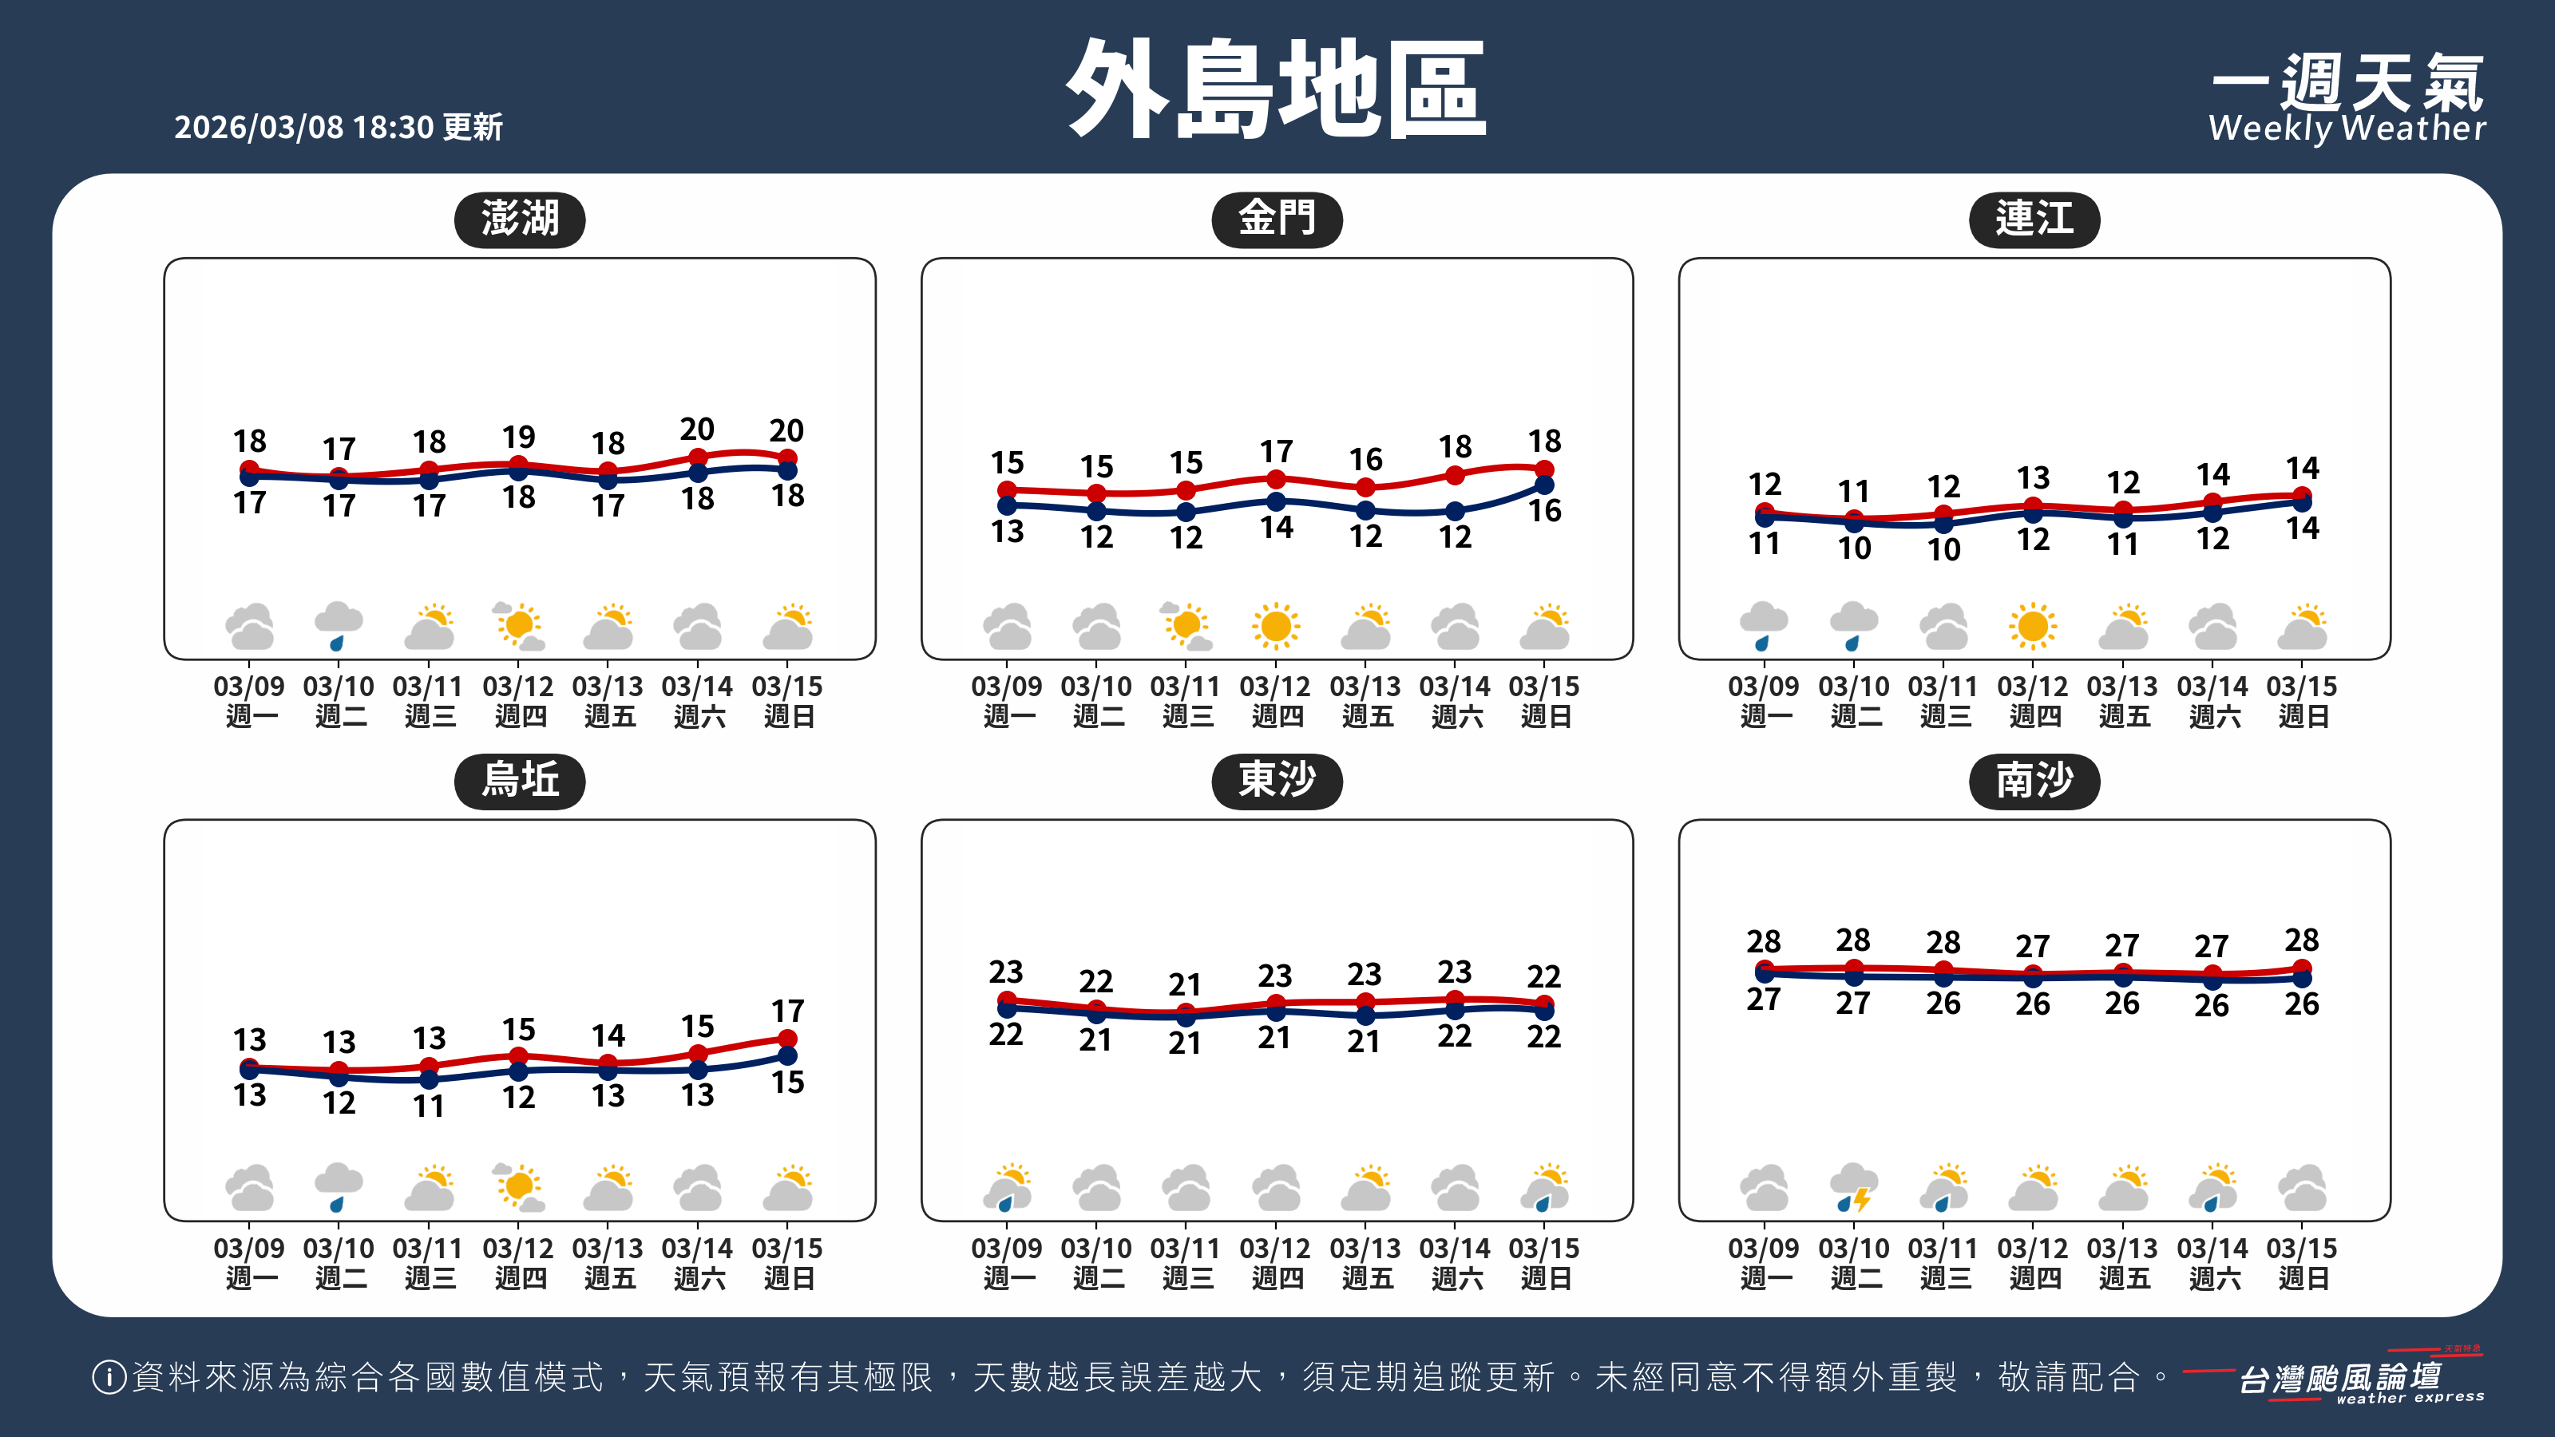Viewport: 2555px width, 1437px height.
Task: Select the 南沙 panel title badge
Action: [x=2034, y=781]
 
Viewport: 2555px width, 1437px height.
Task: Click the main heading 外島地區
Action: [x=1277, y=89]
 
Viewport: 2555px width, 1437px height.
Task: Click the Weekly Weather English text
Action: [x=2347, y=129]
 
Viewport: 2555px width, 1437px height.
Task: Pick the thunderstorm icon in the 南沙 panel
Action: [x=1854, y=1187]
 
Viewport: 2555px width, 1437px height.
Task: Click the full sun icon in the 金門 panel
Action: [x=1276, y=626]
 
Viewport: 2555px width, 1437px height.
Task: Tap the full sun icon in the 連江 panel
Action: [x=2034, y=626]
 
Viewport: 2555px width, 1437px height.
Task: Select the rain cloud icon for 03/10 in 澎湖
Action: [x=339, y=626]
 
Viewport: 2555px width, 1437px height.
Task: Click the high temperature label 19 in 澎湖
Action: [x=519, y=437]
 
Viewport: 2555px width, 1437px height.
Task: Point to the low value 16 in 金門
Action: [x=1544, y=511]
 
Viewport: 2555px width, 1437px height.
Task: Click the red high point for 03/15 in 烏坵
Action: [x=787, y=1039]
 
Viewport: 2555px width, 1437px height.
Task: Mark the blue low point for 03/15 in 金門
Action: [x=1544, y=485]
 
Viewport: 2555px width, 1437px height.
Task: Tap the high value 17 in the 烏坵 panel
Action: [x=787, y=1011]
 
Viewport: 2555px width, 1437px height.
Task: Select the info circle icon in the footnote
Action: [x=108, y=1376]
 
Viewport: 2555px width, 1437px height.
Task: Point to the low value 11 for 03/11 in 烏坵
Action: [x=429, y=1106]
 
